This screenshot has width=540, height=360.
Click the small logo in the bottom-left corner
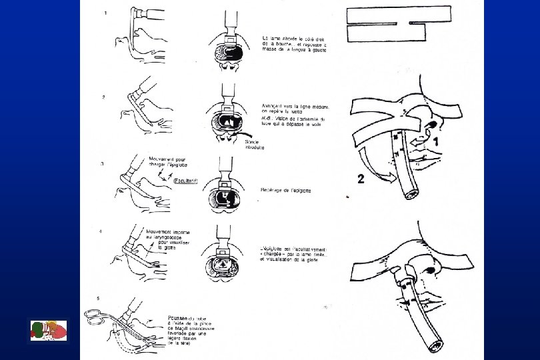49,331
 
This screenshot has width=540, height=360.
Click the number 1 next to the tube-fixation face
435,141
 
